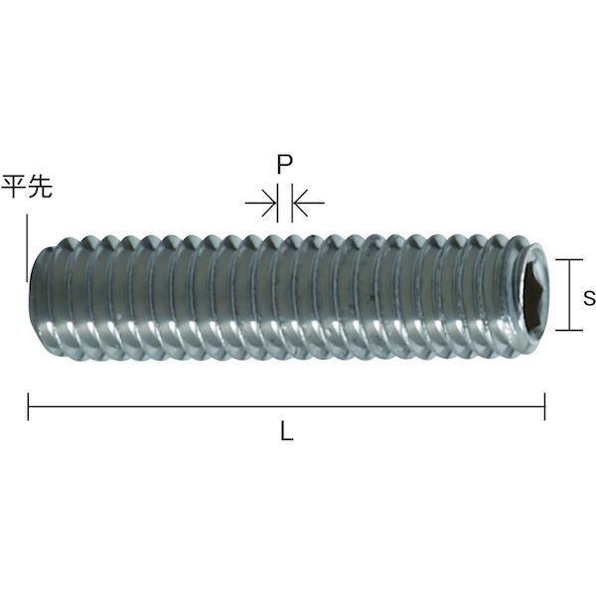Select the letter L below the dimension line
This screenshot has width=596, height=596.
(x=287, y=433)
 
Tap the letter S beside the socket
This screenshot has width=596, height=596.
(x=588, y=296)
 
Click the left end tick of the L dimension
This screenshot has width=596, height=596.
(x=29, y=406)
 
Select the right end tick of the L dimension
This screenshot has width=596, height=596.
(x=544, y=406)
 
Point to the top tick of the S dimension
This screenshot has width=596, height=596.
(x=567, y=260)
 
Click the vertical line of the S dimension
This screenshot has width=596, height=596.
(x=567, y=295)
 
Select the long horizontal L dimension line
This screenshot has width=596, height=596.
(x=287, y=406)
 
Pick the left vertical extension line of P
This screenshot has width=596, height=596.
(x=277, y=206)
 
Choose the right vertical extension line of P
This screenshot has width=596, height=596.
(x=292, y=206)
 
